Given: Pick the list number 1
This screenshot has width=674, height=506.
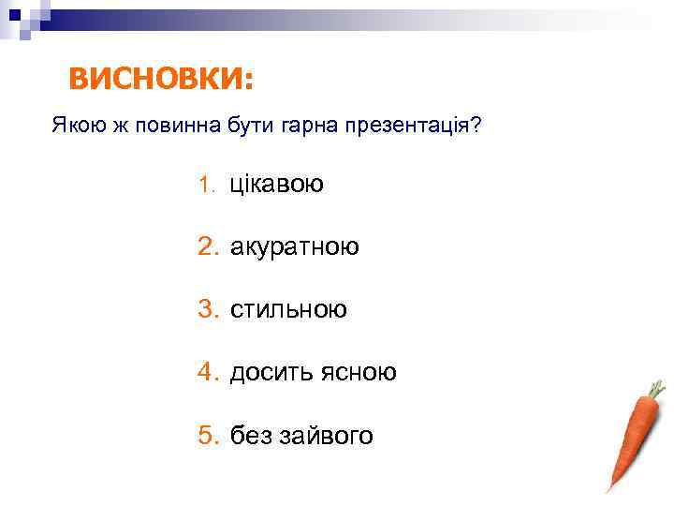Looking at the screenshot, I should [x=206, y=185].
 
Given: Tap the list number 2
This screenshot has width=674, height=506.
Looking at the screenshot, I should [x=207, y=246].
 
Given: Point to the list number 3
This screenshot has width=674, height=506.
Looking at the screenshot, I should [x=207, y=309].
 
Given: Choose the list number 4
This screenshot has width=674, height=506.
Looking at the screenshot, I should [x=207, y=372].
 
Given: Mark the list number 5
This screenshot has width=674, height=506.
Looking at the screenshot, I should [x=207, y=435].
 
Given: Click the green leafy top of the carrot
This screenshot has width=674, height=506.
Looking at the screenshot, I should [x=656, y=388].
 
